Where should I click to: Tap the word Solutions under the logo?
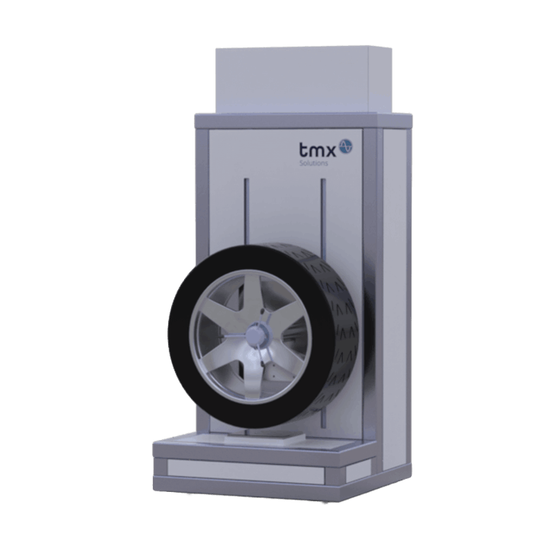coord(314,163)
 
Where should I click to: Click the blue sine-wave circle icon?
coord(345,146)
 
